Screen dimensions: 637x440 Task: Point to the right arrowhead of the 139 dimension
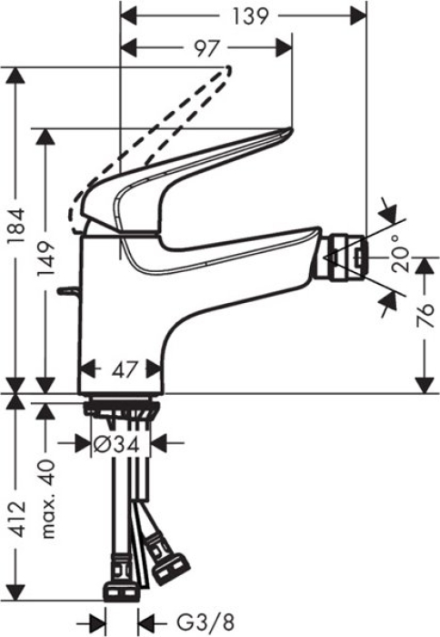[360, 16]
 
